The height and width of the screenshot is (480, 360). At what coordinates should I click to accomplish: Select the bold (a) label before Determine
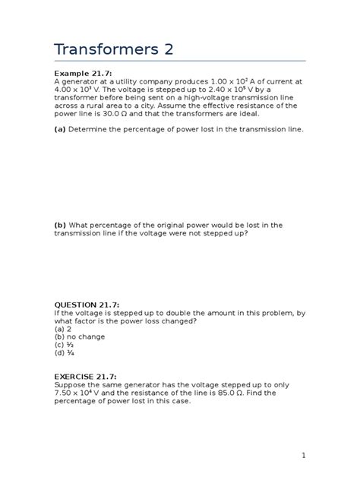60,129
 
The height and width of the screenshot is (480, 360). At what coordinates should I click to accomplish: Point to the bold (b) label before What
60,225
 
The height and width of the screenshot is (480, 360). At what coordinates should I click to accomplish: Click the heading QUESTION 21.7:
90,304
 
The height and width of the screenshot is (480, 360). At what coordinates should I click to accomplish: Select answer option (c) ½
64,345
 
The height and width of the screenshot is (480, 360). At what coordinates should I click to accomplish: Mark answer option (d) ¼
64,353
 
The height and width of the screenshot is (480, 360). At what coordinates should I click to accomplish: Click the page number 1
302,455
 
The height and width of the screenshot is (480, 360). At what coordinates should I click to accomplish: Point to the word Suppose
72,385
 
